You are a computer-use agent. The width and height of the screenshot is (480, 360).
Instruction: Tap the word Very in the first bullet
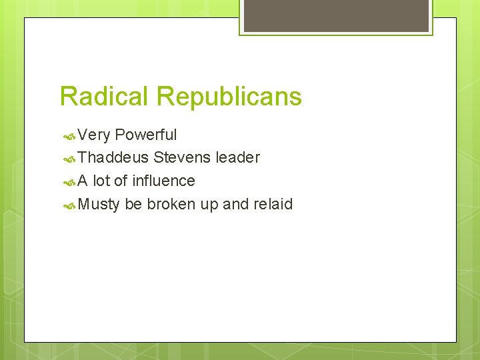(94, 135)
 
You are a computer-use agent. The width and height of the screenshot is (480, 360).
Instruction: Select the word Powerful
(145, 135)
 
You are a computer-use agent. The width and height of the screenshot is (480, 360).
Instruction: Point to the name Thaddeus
(113, 158)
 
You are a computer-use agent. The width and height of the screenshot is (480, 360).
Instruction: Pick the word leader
(237, 158)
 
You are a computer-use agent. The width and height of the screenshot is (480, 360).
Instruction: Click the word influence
(163, 181)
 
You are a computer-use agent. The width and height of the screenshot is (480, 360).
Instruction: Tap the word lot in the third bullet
(101, 181)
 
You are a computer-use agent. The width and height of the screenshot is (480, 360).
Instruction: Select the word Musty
(98, 204)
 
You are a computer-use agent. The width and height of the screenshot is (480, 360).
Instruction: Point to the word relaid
(273, 204)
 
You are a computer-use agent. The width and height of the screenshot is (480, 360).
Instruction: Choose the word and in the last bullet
(235, 204)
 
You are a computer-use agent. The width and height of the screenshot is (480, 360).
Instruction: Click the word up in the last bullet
(209, 204)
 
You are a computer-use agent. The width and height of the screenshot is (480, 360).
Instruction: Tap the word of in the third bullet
(121, 181)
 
